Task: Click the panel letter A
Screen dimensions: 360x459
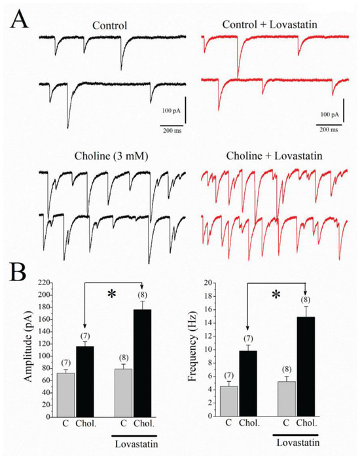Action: pyautogui.click(x=20, y=19)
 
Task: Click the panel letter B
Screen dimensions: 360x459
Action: pyautogui.click(x=18, y=272)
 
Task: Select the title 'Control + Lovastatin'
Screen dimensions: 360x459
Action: pyautogui.click(x=270, y=24)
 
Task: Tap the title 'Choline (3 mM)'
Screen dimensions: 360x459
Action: pyautogui.click(x=111, y=156)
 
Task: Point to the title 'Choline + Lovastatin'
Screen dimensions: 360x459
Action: pyautogui.click(x=274, y=156)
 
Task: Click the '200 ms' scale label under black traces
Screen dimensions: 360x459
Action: pyautogui.click(x=172, y=131)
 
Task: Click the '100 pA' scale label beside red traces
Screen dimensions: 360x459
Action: pyautogui.click(x=330, y=114)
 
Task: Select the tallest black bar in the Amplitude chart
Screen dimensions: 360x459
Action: pyautogui.click(x=143, y=363)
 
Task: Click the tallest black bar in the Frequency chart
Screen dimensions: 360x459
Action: pyautogui.click(x=306, y=366)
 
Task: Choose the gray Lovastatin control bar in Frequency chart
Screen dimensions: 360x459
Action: pyautogui.click(x=287, y=399)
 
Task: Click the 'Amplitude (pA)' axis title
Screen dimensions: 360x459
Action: pyautogui.click(x=28, y=345)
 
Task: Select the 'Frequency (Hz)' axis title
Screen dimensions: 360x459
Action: pyautogui.click(x=192, y=347)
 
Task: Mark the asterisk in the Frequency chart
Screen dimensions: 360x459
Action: pyautogui.click(x=276, y=294)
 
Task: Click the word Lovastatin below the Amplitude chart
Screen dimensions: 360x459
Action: pyautogui.click(x=137, y=444)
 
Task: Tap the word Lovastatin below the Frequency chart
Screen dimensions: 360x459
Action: pyautogui.click(x=298, y=442)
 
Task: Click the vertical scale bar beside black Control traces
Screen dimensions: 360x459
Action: pyautogui.click(x=185, y=110)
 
